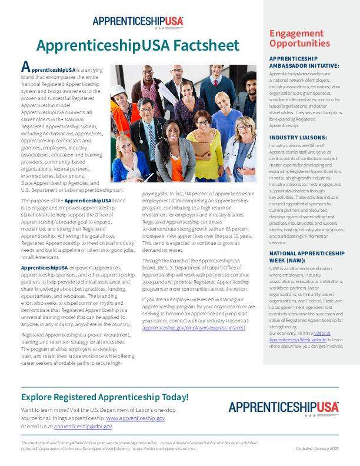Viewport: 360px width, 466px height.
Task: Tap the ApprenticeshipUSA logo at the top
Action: pos(138,22)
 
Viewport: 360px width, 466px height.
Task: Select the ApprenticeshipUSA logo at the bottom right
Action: pos(284,407)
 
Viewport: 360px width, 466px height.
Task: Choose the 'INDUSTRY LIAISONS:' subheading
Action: pos(294,137)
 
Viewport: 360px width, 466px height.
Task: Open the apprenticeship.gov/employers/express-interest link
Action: pos(194,328)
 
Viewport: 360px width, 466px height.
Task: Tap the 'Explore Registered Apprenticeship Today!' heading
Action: pos(105,397)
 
